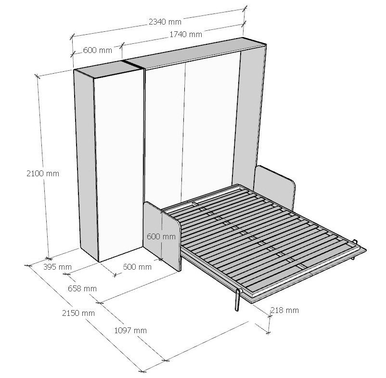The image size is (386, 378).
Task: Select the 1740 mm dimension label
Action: (186, 34)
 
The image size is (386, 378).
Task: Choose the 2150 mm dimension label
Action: (78, 313)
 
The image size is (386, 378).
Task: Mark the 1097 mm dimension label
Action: (130, 330)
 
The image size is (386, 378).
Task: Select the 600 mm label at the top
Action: (97, 50)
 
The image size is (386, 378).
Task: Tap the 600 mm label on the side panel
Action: (161, 236)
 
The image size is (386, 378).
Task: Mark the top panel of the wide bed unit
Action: (193, 56)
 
